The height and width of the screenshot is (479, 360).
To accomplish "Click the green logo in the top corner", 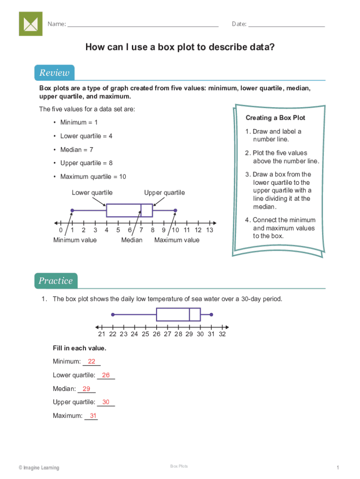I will point(30,24).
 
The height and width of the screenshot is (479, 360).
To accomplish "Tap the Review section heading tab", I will point(54,73).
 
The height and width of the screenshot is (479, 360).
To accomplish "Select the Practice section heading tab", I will point(56,281).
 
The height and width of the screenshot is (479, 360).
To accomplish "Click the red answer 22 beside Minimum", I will point(92,361).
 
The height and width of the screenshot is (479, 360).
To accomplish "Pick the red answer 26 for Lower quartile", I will point(106,375).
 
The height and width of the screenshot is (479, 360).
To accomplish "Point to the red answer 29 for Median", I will point(86,389).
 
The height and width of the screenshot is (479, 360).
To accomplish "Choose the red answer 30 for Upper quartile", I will point(106,402).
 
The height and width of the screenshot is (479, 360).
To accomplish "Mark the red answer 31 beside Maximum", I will point(93,416).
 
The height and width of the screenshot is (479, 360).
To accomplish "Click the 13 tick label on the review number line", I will point(209,230).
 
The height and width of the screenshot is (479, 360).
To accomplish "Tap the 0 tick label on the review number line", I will point(61,230).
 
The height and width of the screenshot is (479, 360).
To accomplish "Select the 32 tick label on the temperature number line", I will point(222,334).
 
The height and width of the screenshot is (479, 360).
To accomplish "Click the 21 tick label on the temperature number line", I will point(101,334).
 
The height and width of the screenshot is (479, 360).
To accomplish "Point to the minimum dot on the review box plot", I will point(72,210).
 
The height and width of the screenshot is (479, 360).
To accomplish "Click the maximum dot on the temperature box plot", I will point(211,314).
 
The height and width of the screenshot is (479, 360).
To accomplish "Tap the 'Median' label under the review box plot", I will point(132,240).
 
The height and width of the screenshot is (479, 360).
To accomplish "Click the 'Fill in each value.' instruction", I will point(79,348).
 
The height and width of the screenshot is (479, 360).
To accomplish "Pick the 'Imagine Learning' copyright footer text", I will point(39,468).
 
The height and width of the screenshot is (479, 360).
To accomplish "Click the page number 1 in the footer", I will point(337,468).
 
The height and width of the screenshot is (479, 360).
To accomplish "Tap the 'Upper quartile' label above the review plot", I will point(164,193).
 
